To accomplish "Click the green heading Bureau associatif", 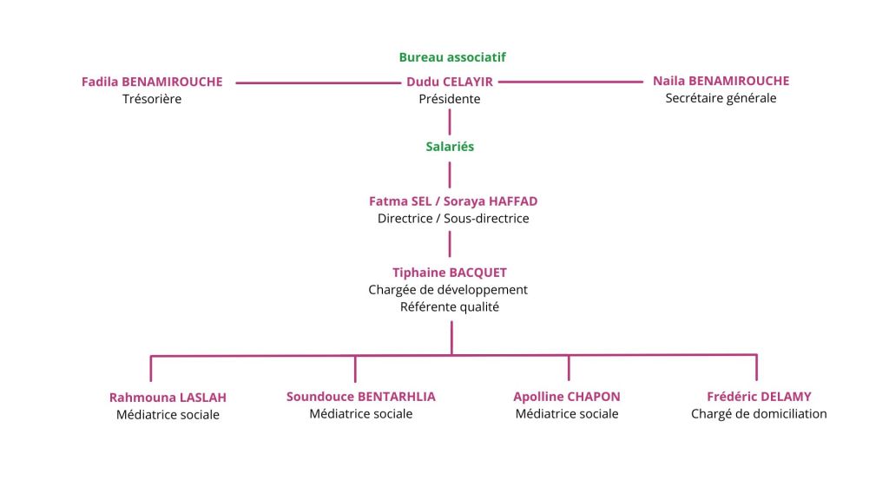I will click(452, 57).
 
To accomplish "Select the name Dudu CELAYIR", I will click(450, 82).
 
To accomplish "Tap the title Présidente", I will click(450, 99).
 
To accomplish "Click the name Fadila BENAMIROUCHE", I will click(152, 82).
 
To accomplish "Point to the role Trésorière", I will click(152, 99).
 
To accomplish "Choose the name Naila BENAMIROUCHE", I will click(721, 82).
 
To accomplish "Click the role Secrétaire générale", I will click(721, 98).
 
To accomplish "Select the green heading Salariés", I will click(450, 147).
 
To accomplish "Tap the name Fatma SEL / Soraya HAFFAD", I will click(453, 201).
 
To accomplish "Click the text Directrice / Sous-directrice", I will click(453, 219).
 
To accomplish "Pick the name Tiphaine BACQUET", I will click(450, 273).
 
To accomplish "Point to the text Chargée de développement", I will click(448, 290).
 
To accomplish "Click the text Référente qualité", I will click(450, 307).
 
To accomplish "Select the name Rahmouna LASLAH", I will click(168, 398).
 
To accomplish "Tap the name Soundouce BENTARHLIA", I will click(361, 397).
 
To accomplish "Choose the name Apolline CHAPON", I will click(567, 397).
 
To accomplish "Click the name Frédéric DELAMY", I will click(759, 397).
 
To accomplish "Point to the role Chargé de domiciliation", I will click(759, 414).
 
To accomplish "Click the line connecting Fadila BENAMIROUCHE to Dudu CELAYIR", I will click(317, 83).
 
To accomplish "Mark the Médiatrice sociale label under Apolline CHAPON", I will click(567, 414).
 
